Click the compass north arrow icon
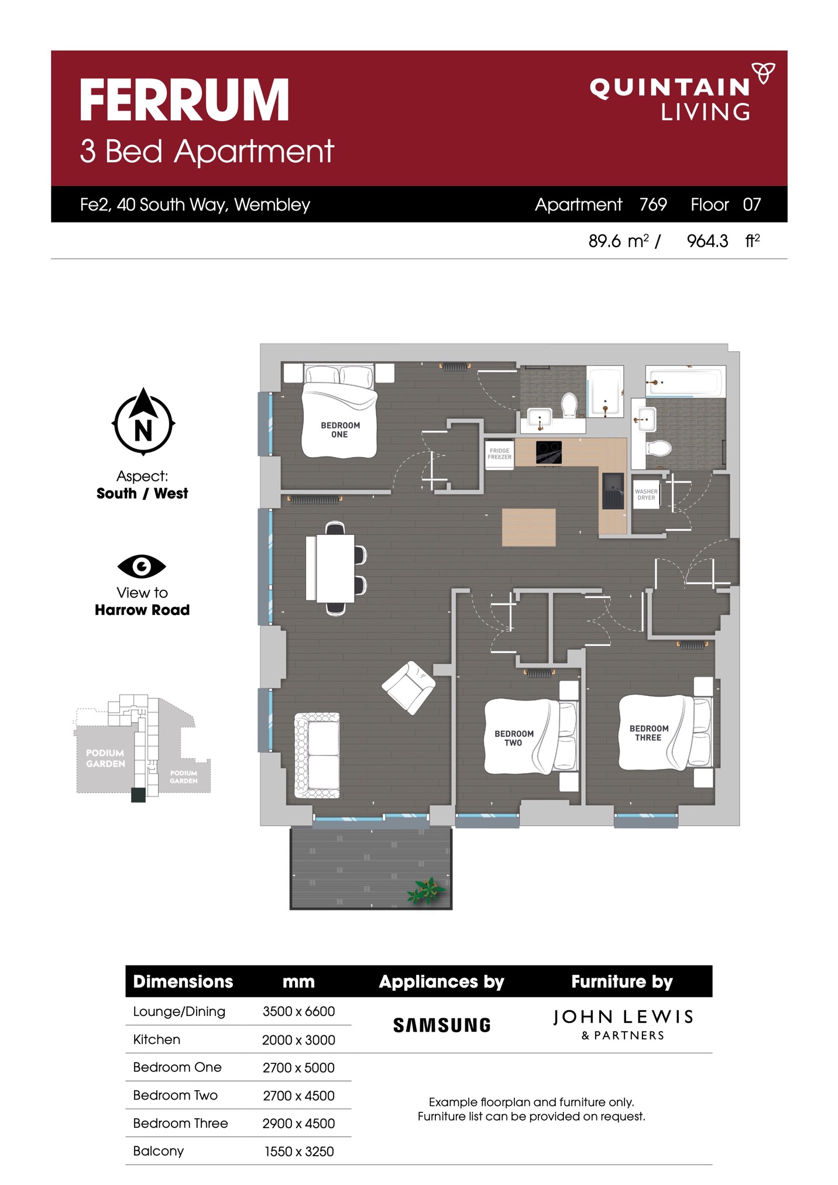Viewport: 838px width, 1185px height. (143, 421)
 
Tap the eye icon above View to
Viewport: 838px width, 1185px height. (142, 566)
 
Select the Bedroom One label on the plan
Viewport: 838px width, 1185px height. (340, 430)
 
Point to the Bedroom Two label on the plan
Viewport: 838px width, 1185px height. (514, 738)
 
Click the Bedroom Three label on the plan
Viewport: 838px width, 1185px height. (648, 733)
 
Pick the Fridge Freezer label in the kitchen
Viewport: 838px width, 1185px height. (499, 454)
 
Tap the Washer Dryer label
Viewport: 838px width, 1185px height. (646, 494)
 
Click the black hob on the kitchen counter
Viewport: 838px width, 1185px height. (549, 452)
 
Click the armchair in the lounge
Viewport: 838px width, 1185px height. (408, 688)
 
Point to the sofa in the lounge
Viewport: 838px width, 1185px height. (317, 755)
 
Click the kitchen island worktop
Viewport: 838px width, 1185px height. (528, 527)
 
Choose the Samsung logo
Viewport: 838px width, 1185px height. (442, 1025)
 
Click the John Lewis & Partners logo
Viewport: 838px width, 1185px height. (623, 1024)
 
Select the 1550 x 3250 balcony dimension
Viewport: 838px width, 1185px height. (299, 1152)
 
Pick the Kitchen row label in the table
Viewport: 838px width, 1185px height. (156, 1039)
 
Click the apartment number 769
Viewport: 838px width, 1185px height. (653, 204)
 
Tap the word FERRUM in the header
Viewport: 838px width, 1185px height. (184, 100)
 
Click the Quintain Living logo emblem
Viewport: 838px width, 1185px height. (763, 73)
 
